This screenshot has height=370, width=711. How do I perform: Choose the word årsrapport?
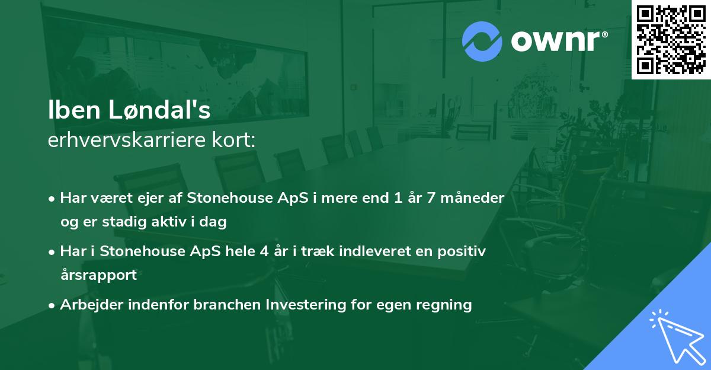pyautogui.click(x=98, y=275)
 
